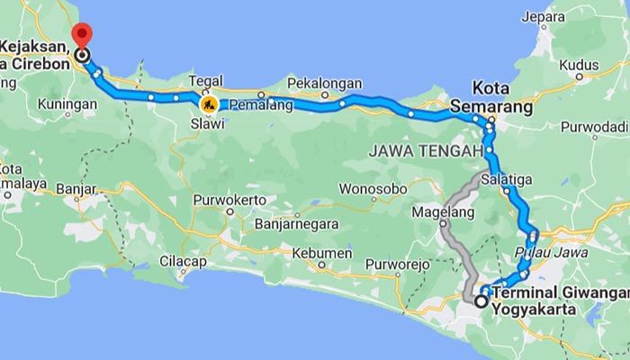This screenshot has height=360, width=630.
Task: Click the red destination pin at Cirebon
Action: tap(82, 36)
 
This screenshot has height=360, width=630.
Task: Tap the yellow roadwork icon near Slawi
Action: tap(209, 105)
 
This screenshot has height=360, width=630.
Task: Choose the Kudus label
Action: tap(579, 65)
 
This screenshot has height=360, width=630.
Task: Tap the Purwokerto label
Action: tap(229, 200)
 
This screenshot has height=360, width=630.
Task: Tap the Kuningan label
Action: tap(67, 104)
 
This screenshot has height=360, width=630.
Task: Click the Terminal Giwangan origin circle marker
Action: tap(481, 301)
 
